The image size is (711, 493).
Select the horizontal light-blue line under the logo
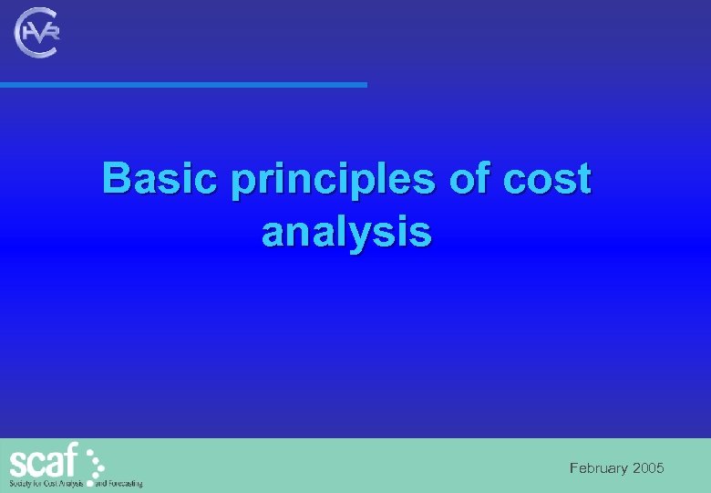tap(182, 85)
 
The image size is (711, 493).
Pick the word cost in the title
tap(550, 179)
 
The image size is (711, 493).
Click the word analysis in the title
tap(346, 232)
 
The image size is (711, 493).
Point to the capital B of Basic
tap(116, 178)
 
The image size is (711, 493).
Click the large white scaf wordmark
tap(44, 460)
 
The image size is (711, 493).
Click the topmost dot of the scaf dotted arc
tap(90, 446)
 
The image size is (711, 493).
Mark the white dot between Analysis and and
tap(89, 481)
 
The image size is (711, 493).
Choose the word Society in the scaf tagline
tap(21, 483)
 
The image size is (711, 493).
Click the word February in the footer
tap(599, 468)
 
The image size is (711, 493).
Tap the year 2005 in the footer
tap(648, 468)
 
